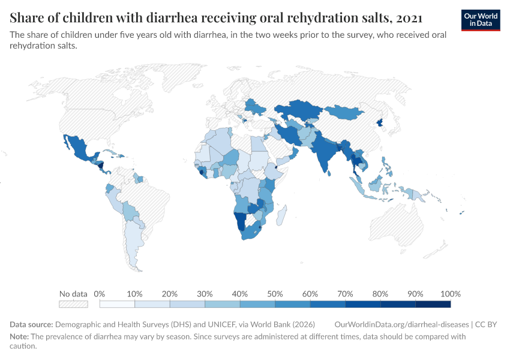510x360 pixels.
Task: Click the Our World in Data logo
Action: tap(481, 20)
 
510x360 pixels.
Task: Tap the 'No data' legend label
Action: tap(73, 294)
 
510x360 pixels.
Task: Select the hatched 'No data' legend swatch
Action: tap(73, 304)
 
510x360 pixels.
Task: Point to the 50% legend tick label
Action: tap(275, 294)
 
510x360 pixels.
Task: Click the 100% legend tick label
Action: tap(450, 294)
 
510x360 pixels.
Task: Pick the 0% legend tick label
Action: tap(100, 294)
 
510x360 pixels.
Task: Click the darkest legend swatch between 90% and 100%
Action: tap(433, 304)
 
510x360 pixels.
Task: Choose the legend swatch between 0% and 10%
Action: tap(117, 304)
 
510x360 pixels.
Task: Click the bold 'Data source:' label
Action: tap(31, 324)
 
